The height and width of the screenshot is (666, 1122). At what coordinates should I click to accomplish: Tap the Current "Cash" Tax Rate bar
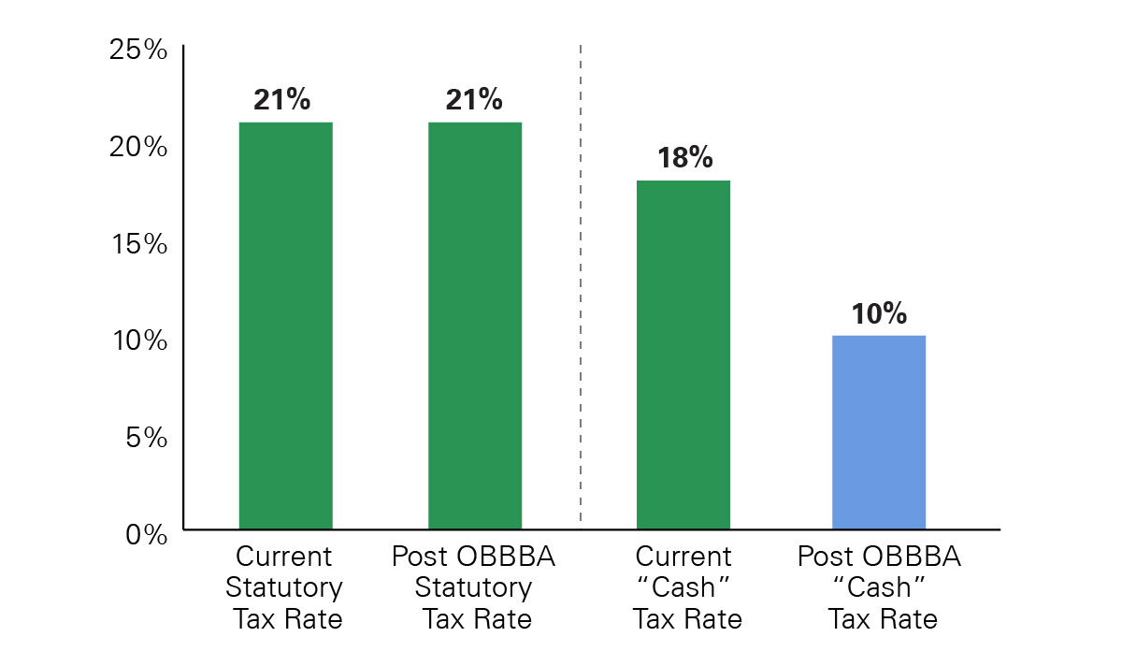tap(683, 355)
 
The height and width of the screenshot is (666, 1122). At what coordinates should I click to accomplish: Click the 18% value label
tap(684, 158)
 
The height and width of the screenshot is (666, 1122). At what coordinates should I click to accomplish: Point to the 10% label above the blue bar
tap(879, 313)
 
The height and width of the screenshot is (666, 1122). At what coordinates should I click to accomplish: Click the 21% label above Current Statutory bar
tap(281, 100)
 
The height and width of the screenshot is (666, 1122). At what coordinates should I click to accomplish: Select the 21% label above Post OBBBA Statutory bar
tap(474, 100)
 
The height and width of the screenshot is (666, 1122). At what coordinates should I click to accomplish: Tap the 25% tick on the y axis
tap(138, 51)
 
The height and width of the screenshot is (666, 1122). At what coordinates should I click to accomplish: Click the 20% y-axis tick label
tap(138, 148)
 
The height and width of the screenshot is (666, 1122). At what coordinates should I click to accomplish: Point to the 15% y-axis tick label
tap(138, 244)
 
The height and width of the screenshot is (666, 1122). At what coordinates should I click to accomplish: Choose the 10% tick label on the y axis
tap(138, 340)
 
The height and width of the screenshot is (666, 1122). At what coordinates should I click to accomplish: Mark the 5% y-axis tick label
tap(146, 437)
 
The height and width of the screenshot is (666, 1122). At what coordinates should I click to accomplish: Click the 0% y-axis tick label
tap(146, 534)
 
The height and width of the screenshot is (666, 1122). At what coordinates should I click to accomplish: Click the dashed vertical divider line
tap(581, 281)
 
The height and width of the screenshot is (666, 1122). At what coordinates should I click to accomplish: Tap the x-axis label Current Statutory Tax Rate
tap(284, 588)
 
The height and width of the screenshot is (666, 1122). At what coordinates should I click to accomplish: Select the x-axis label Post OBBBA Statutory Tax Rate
tap(473, 588)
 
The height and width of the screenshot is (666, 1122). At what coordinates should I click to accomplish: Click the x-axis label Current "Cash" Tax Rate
tap(684, 588)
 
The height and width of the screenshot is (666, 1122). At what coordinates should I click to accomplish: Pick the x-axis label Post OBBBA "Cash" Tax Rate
tap(879, 588)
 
